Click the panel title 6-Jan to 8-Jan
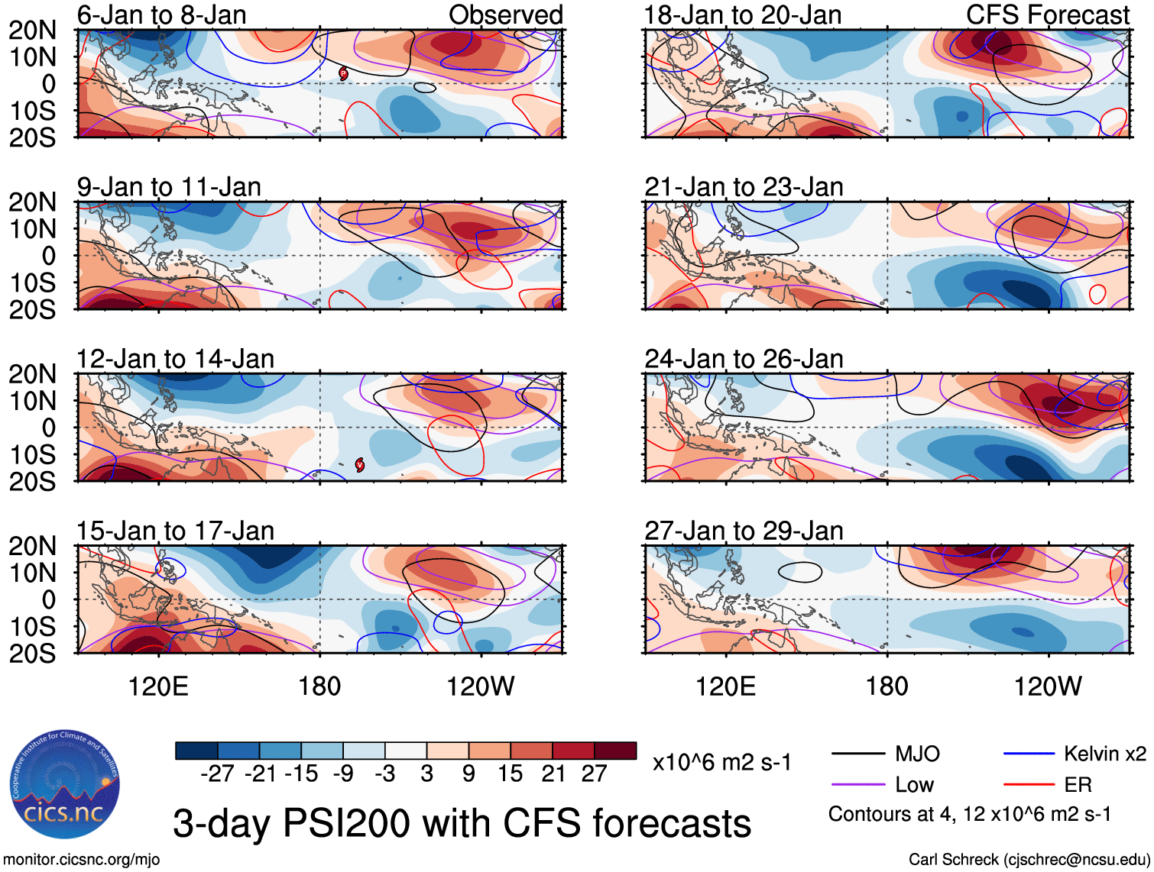[x=161, y=15]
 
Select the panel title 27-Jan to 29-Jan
[x=744, y=531]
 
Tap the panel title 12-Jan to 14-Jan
[x=175, y=359]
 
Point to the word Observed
[x=505, y=15]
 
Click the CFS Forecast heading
[x=1047, y=15]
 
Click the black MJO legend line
[x=857, y=754]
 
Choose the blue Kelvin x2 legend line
[x=1029, y=754]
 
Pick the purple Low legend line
[x=857, y=785]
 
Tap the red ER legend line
[x=1029, y=785]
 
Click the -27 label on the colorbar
[x=217, y=773]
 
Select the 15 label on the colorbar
[x=510, y=773]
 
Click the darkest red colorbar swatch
[x=615, y=751]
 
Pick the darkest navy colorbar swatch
[x=196, y=751]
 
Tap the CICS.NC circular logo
[x=65, y=784]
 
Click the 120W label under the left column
[x=481, y=686]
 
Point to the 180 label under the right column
[x=887, y=686]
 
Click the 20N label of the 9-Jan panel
[x=32, y=202]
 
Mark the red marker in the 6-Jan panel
[x=343, y=73]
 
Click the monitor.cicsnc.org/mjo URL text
[x=82, y=860]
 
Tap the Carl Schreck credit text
[x=1029, y=860]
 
